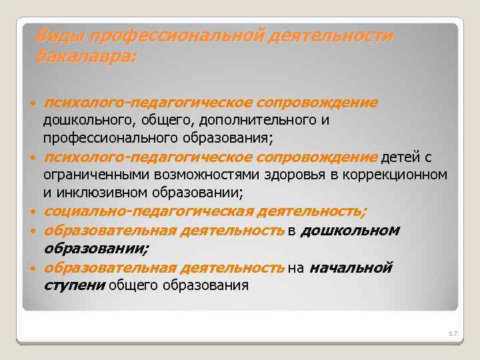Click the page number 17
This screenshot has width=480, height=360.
click(x=453, y=333)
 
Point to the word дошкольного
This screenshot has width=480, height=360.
click(x=81, y=121)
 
